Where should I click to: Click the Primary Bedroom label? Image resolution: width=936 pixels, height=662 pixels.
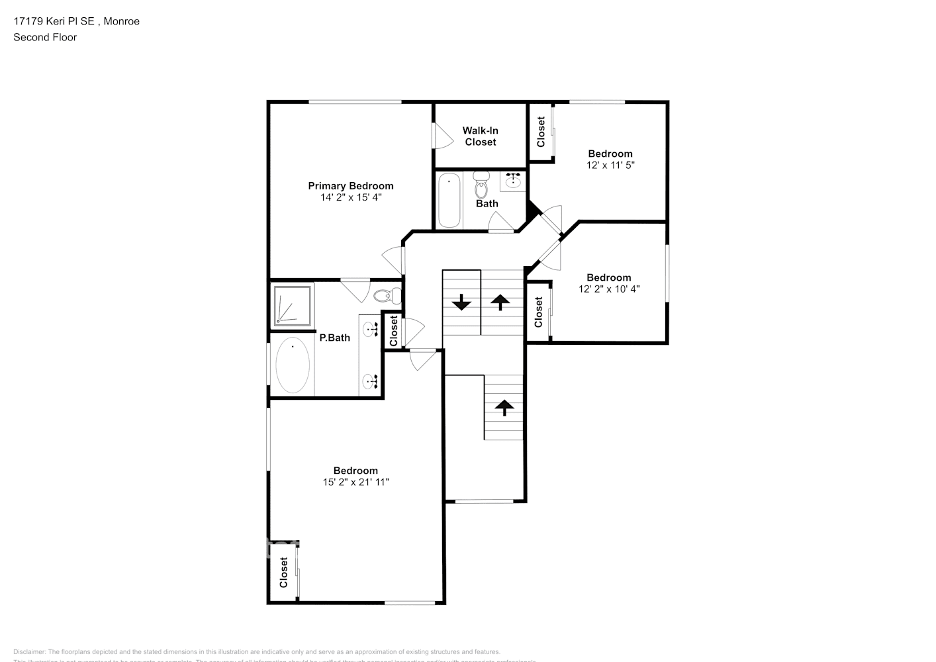[x=350, y=186]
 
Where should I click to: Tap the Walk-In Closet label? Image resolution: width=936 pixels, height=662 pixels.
[x=480, y=136]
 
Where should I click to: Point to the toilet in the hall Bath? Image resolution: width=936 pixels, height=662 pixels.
[x=481, y=185]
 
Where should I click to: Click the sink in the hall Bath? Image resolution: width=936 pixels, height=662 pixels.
[x=512, y=180]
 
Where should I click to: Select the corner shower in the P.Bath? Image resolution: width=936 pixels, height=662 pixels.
[x=291, y=305]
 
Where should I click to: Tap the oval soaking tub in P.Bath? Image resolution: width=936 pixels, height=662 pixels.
[x=292, y=365]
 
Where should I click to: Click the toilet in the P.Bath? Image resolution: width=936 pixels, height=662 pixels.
[x=387, y=295]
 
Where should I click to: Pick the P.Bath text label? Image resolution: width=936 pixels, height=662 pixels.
[x=334, y=338]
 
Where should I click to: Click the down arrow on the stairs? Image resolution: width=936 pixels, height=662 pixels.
[x=461, y=303]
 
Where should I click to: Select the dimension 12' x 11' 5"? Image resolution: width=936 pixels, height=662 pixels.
[x=610, y=165]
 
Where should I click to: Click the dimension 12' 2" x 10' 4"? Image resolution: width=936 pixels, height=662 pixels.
[x=608, y=289]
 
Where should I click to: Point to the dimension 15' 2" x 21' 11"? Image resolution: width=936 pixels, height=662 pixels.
[x=355, y=482]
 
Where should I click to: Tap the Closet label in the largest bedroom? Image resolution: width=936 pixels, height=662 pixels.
[x=283, y=572]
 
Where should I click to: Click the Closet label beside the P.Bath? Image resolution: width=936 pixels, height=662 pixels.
[x=393, y=330]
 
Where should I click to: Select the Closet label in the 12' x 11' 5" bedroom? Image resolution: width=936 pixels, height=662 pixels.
[x=541, y=132]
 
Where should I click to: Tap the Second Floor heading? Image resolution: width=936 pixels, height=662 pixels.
[x=45, y=37]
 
